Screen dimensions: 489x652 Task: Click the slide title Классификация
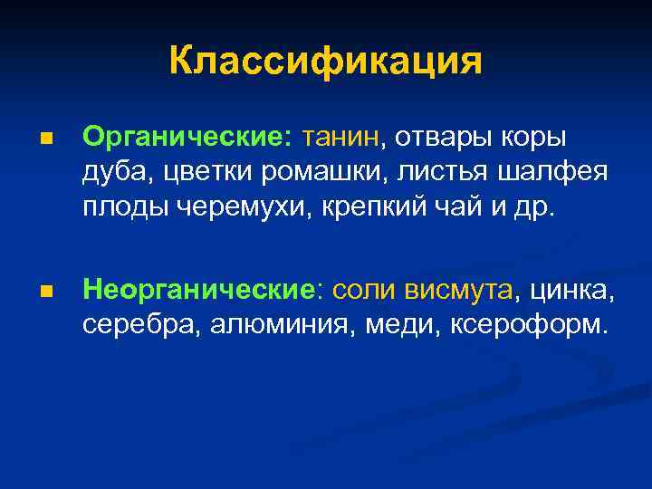click(x=325, y=62)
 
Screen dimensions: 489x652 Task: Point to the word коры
click(x=537, y=137)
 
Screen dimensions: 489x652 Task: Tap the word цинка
click(x=573, y=290)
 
